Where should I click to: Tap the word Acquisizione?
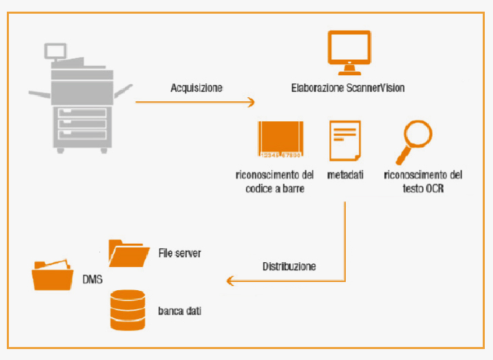coord(197,88)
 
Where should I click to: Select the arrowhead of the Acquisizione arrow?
coord(251,103)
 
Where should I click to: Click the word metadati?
coord(346,176)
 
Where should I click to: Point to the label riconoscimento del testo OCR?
coord(423,181)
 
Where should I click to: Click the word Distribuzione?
coord(289,266)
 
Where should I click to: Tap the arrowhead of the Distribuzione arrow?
coord(231,280)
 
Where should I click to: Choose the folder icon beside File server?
coord(128,253)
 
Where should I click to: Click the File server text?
coord(179,253)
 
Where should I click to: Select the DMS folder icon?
coord(52,274)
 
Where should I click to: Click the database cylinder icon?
coord(128,310)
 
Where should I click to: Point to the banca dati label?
coord(179,311)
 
